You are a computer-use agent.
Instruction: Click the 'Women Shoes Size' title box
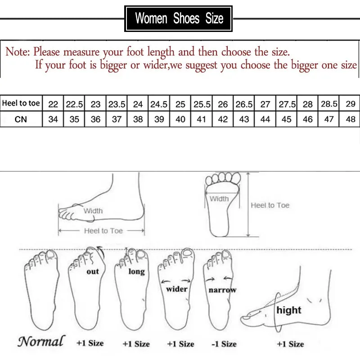[x=179, y=18]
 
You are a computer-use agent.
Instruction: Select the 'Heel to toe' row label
[x=21, y=103]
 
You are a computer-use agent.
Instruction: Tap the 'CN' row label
[x=21, y=120]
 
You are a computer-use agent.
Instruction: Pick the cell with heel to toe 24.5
[x=159, y=104]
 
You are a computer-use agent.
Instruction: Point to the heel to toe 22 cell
[x=53, y=104]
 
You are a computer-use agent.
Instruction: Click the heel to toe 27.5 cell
[x=286, y=104]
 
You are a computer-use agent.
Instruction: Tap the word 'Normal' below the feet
[x=41, y=341]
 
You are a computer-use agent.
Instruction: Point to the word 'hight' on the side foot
[x=289, y=310]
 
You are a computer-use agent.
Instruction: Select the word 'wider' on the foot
[x=176, y=288]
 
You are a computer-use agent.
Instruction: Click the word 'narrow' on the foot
[x=222, y=290]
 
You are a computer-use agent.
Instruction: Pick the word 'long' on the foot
[x=136, y=271]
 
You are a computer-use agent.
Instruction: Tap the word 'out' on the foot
[x=93, y=271]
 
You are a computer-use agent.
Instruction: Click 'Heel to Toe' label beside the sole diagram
[x=270, y=205]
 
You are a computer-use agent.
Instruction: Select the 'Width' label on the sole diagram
[x=219, y=198]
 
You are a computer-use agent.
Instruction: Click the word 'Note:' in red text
[x=18, y=52]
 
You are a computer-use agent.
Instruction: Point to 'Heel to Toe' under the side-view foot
[x=103, y=231]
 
